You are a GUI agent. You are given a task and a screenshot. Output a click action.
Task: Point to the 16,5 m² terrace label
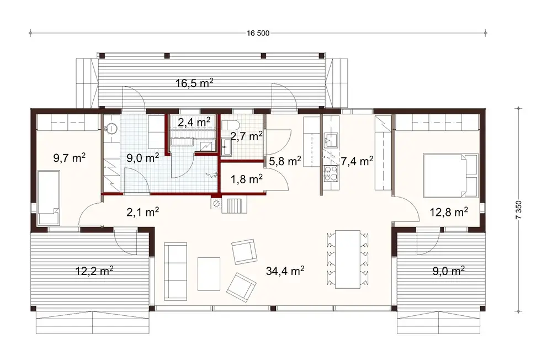(194, 84)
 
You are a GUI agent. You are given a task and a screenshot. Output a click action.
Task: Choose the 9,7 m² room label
(69, 159)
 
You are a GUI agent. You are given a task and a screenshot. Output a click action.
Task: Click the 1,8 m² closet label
(246, 178)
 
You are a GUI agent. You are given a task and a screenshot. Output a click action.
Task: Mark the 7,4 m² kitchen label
(357, 161)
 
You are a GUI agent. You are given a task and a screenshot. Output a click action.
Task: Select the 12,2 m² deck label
(94, 271)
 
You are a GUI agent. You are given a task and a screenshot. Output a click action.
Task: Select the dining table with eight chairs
(347, 258)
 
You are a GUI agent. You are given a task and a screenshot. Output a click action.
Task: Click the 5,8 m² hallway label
(284, 161)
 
